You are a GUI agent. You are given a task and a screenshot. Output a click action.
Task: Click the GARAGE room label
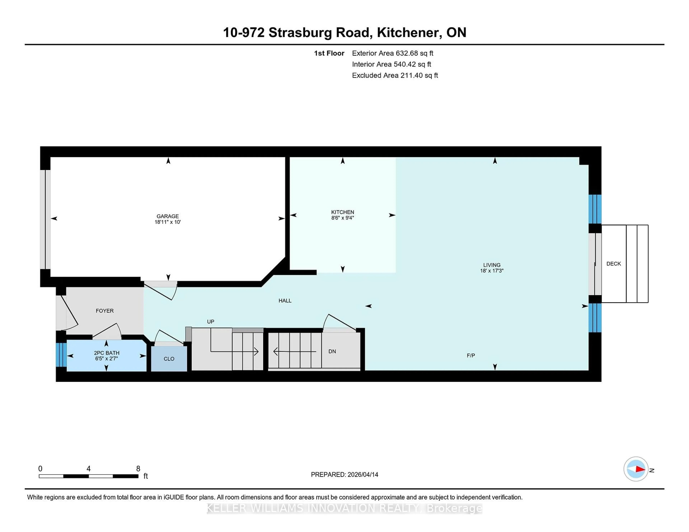pyautogui.click(x=168, y=216)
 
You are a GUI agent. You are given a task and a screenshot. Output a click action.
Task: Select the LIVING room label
pyautogui.click(x=491, y=265)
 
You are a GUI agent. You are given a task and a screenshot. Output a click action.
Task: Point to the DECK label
pyautogui.click(x=613, y=264)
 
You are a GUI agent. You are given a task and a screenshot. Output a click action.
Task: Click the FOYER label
pyautogui.click(x=104, y=311)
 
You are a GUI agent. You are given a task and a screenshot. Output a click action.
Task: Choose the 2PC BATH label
pyautogui.click(x=107, y=353)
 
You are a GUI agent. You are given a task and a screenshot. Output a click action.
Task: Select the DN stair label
pyautogui.click(x=332, y=351)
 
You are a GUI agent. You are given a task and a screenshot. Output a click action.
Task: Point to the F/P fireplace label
pyautogui.click(x=471, y=355)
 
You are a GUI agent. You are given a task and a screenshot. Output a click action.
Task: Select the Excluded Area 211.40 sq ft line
pyautogui.click(x=395, y=75)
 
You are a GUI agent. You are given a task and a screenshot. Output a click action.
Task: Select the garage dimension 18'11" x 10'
pyautogui.click(x=168, y=222)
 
